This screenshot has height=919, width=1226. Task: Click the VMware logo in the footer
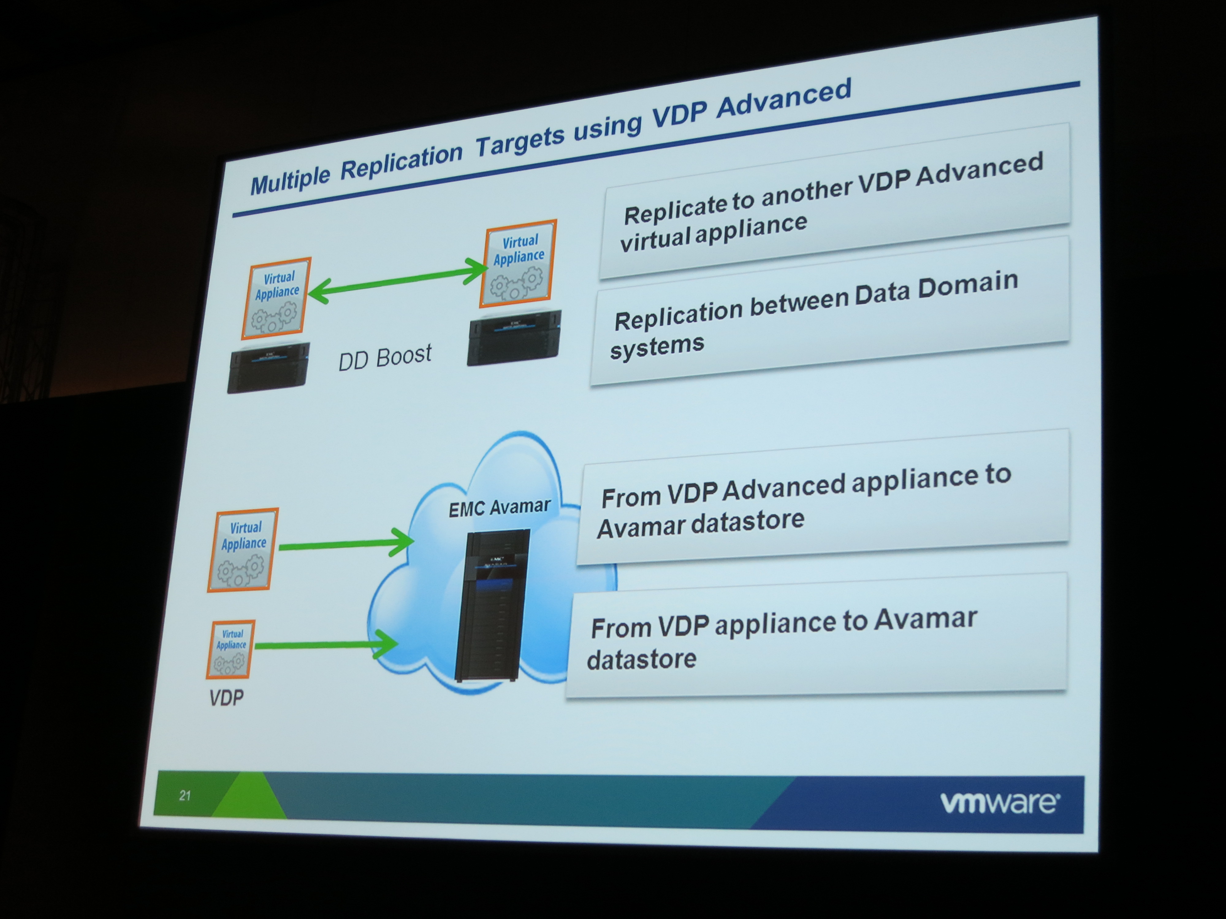coord(999,802)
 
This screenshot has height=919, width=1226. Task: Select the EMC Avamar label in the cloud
coord(499,507)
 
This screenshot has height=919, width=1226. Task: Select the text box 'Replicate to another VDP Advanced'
coord(834,201)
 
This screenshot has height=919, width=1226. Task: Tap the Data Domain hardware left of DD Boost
coord(268,367)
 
